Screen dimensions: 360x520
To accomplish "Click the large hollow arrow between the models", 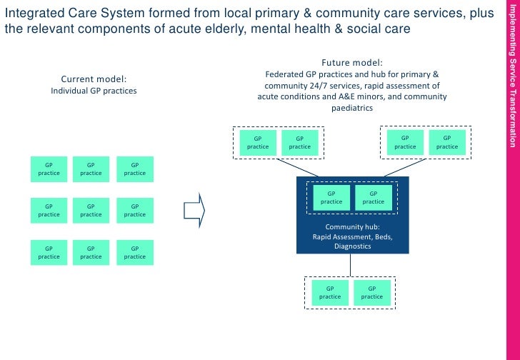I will coord(194,210).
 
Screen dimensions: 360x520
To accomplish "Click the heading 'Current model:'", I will coord(94,79).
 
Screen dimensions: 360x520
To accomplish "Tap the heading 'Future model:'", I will coord(352,62).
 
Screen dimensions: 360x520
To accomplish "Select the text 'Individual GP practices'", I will coord(94,91).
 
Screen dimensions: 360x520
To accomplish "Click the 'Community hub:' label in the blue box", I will coord(352,226).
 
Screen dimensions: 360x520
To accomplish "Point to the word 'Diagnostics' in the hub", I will coord(352,246).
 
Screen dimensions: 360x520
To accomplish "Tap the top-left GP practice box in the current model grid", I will coord(49,169).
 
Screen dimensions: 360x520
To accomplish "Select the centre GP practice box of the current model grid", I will coord(91,210).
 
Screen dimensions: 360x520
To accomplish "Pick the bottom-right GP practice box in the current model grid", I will coord(134,252).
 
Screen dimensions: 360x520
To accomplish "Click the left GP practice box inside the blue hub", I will coord(331,197).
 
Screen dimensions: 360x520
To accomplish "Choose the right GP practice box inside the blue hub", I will coord(373,197).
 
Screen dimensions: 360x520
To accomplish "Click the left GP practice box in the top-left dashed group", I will coord(258,142).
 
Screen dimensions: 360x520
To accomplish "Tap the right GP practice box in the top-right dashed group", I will coord(447,142).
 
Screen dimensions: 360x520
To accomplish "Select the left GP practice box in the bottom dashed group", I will coord(330,292).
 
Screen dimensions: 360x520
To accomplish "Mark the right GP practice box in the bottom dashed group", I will coord(371,292).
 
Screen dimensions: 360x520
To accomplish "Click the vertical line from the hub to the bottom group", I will coord(350,264).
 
